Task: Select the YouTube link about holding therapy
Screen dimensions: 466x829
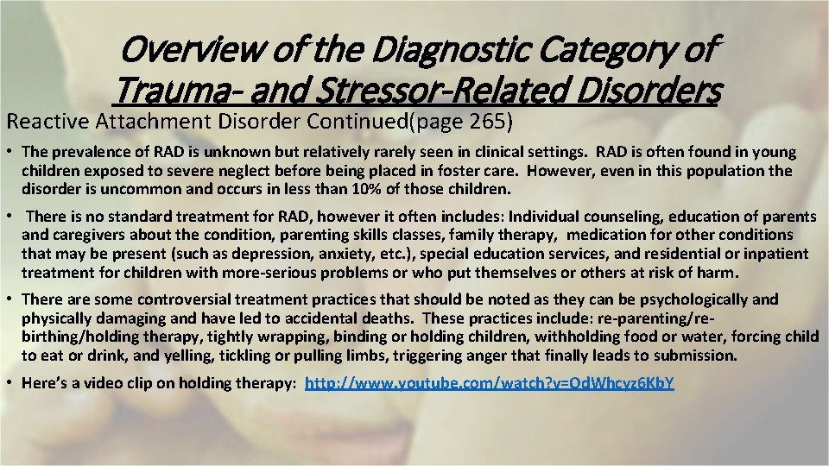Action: (x=490, y=381)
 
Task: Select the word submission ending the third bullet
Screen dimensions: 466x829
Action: (x=697, y=354)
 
